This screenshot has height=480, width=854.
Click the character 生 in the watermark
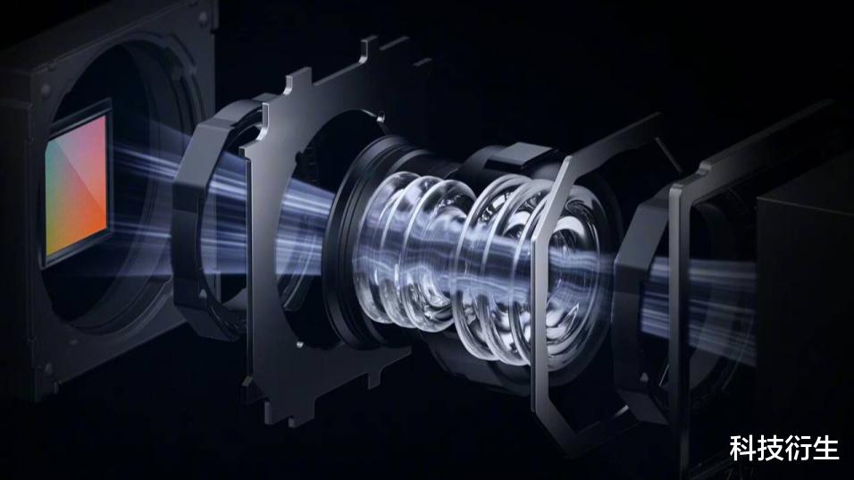825,449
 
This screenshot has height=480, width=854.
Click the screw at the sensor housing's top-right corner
204,19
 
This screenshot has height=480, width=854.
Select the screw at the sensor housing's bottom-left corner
49,368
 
